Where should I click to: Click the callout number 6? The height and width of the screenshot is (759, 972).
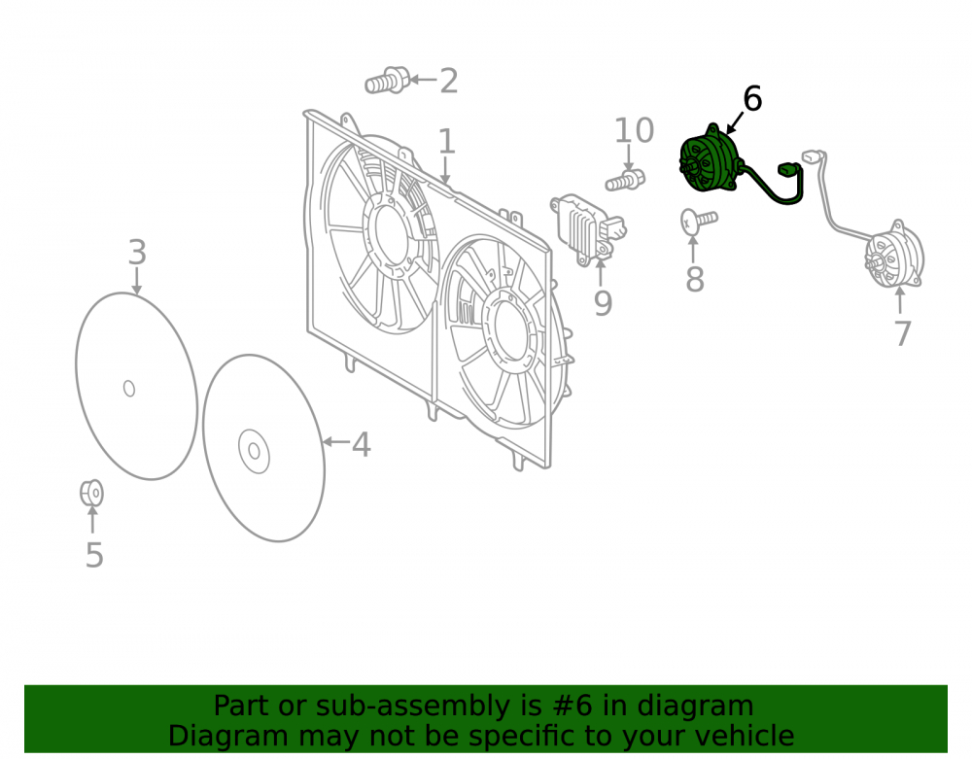[x=752, y=99]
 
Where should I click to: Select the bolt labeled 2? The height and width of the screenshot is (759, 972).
[x=387, y=81]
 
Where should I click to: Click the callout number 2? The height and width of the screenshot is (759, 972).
[x=449, y=82]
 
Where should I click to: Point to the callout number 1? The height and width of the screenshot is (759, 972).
[x=447, y=141]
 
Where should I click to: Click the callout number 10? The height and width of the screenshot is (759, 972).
[x=634, y=130]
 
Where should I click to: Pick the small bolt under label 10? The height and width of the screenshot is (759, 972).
[x=625, y=181]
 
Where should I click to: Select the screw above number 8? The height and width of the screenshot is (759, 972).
[x=699, y=221]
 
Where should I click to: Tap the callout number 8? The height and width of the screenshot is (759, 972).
[x=694, y=280]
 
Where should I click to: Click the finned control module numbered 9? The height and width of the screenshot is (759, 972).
[x=588, y=229]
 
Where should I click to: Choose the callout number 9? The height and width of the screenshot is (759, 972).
[x=603, y=302]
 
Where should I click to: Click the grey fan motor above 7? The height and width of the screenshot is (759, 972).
[x=894, y=255]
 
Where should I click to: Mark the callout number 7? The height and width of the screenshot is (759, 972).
[x=903, y=333]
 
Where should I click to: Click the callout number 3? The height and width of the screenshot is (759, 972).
[x=137, y=252]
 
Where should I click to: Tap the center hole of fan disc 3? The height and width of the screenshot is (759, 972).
[x=129, y=389]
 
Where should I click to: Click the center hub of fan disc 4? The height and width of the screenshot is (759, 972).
[x=254, y=451]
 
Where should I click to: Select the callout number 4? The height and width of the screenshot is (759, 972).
[x=362, y=445]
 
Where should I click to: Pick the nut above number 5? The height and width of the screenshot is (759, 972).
[x=91, y=494]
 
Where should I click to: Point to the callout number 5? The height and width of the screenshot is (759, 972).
[x=94, y=555]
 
